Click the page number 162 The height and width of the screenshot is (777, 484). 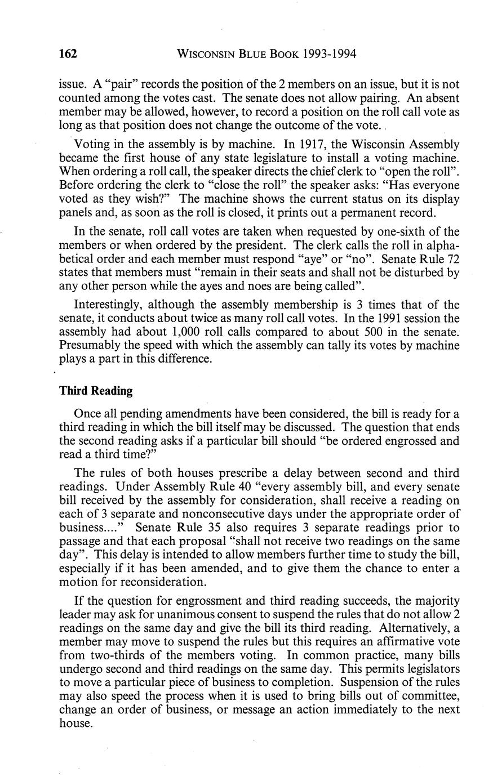[68, 54]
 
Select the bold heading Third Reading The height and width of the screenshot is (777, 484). [96, 391]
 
